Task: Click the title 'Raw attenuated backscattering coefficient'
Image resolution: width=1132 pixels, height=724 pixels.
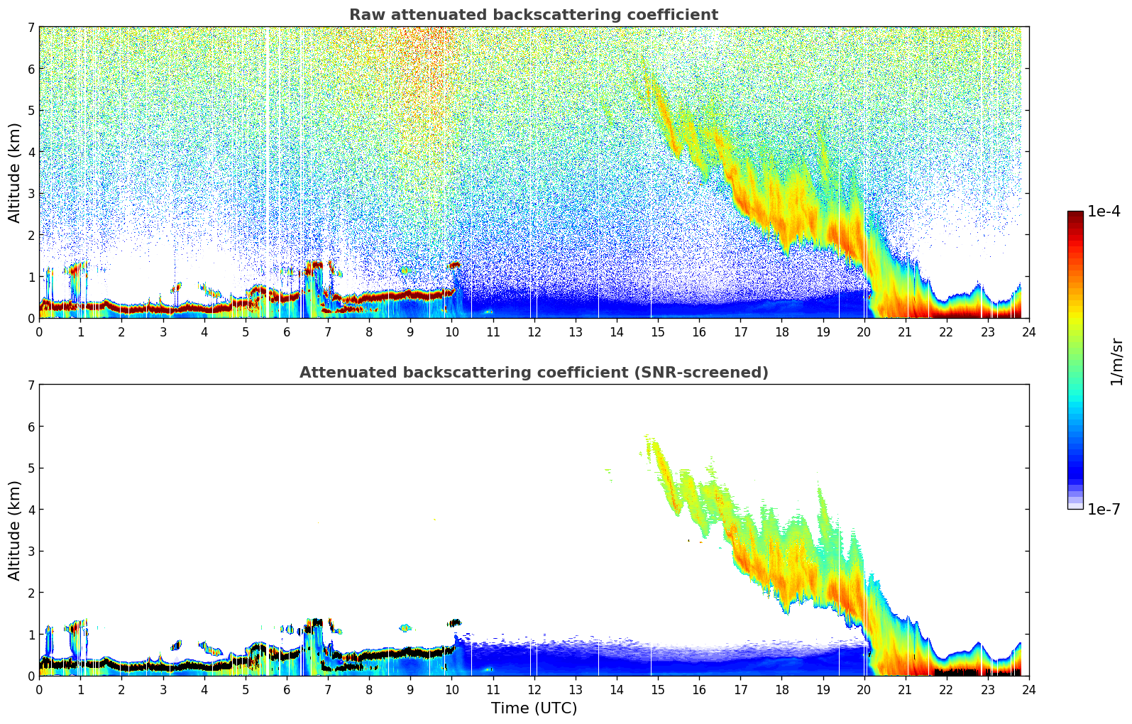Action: [533, 15]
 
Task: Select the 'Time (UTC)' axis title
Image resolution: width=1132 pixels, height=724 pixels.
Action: [534, 708]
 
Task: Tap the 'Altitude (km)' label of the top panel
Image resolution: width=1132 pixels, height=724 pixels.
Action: [15, 172]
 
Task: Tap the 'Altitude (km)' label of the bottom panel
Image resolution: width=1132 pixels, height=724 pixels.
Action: [15, 530]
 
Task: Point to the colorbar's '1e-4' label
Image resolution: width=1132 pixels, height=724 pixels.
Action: [1104, 212]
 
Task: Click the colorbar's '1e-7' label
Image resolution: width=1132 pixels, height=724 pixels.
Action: [1104, 509]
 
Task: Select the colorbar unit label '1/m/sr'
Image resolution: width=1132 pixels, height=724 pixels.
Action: [1116, 361]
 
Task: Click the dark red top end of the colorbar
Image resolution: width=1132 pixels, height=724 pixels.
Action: [1075, 214]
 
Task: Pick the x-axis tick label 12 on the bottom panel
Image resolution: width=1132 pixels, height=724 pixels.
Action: [534, 690]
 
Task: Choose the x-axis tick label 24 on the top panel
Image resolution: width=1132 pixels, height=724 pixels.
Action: [1028, 332]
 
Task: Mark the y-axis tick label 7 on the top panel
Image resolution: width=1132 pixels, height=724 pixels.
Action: [31, 28]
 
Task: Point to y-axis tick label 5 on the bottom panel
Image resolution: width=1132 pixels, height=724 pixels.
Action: [31, 468]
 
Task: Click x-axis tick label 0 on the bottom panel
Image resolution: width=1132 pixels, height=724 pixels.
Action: [39, 690]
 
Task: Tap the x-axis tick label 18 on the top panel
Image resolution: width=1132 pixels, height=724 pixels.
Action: [781, 332]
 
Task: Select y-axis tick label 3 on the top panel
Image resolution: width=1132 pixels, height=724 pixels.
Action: [31, 194]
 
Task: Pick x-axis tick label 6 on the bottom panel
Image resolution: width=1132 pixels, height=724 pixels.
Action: [287, 690]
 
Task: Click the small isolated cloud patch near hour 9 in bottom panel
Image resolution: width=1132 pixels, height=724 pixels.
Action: [405, 627]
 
